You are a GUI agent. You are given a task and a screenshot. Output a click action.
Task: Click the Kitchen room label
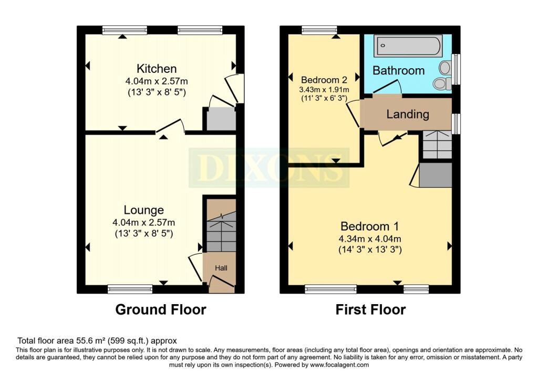click(157, 69)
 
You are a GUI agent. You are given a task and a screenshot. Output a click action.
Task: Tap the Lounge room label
click(144, 210)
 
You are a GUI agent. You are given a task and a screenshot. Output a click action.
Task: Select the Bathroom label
click(398, 71)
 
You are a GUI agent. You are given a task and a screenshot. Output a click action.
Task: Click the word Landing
click(408, 114)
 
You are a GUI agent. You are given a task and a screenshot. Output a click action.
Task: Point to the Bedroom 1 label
click(369, 227)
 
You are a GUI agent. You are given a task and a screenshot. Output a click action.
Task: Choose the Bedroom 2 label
click(324, 80)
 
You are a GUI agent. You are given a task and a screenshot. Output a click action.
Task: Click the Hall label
click(221, 268)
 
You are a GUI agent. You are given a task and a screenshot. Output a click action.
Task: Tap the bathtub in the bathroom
click(408, 46)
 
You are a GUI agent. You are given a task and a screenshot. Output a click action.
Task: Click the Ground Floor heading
click(161, 309)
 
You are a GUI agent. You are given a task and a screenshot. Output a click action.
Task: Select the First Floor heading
click(370, 309)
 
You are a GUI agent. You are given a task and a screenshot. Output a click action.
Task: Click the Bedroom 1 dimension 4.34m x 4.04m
click(370, 239)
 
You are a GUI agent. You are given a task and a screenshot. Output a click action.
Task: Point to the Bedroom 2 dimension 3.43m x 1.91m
click(324, 90)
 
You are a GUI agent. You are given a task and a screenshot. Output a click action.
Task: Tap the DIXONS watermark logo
click(269, 168)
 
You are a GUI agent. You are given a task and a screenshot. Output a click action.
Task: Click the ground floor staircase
click(221, 225)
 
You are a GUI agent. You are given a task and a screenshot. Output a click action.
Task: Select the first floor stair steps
click(437, 144)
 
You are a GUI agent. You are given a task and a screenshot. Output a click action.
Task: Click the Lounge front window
click(130, 289)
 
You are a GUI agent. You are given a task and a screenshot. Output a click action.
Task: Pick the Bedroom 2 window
click(319, 30)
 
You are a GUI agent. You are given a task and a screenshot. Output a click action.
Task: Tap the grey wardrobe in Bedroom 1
click(435, 175)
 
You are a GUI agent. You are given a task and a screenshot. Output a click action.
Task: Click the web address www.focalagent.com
click(339, 364)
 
